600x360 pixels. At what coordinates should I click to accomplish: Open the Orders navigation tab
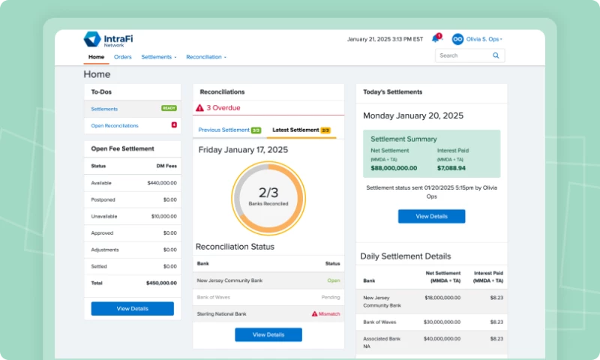tap(123, 57)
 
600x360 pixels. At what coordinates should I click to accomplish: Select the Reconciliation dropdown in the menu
tap(205, 57)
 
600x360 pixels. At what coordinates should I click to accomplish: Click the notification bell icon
tap(435, 39)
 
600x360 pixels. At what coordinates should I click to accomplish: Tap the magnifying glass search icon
tap(496, 55)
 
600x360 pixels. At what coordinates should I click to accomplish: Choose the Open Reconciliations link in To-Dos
tap(115, 126)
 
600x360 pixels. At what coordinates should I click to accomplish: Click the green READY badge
tap(169, 109)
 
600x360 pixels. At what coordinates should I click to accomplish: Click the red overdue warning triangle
tap(199, 108)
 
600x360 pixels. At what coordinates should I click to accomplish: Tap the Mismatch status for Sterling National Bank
tap(326, 313)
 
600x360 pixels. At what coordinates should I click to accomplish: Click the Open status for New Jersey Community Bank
tap(333, 280)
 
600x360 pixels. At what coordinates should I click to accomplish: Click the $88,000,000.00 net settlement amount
tap(394, 168)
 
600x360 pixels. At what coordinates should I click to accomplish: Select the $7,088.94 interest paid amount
tap(451, 168)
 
